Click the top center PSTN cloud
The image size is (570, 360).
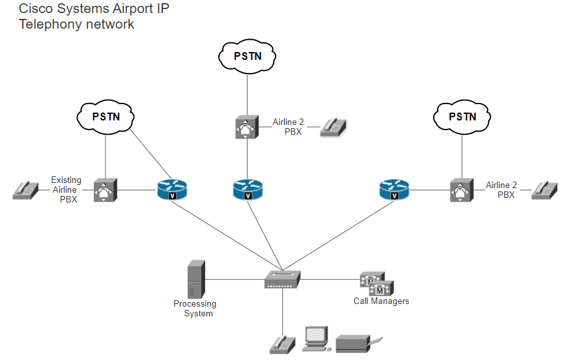248,56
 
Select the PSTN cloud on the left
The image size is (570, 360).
106,117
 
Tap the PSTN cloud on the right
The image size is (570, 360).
463,117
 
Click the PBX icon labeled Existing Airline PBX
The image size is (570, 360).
105,190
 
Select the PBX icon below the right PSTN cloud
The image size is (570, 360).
462,190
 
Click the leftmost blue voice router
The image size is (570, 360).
172,190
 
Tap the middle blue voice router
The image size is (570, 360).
248,190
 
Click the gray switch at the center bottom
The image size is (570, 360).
282,280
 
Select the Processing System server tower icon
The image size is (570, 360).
196,279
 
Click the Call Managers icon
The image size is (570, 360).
377,284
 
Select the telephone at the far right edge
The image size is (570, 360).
544,190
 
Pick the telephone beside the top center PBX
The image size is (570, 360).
335,127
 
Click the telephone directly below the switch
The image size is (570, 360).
283,344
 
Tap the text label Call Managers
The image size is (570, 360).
381,301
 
